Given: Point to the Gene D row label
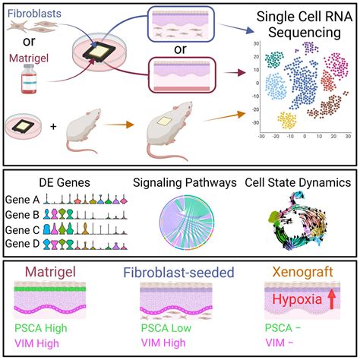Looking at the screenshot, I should [x=24, y=243].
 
